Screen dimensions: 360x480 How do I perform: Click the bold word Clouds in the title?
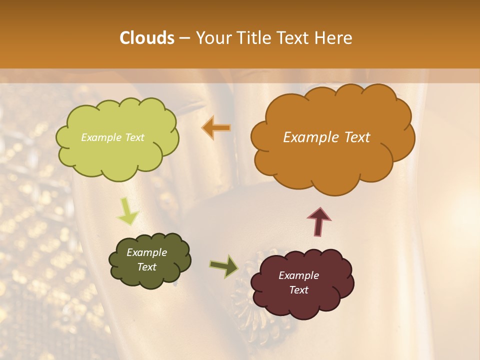(x=147, y=38)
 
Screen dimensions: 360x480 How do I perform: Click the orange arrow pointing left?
(x=217, y=128)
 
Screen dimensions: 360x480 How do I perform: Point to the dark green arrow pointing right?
(x=224, y=266)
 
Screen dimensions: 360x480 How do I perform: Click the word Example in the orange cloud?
(x=308, y=137)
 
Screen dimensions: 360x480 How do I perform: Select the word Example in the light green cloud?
(x=101, y=137)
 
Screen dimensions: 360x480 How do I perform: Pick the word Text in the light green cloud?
(x=134, y=137)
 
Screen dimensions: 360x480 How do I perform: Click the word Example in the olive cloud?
(x=146, y=252)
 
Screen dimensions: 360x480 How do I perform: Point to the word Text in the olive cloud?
(x=147, y=267)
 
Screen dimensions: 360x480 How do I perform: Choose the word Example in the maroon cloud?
(x=298, y=275)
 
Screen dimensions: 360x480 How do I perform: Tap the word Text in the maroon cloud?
(x=298, y=290)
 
